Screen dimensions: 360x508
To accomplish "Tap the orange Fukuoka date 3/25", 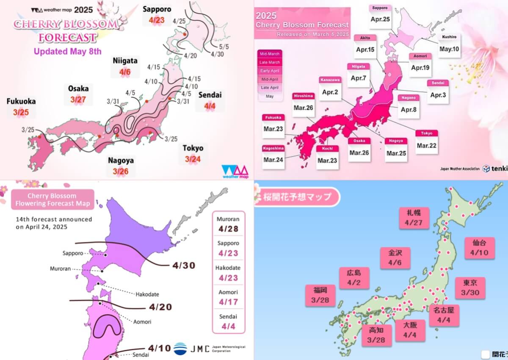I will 20,112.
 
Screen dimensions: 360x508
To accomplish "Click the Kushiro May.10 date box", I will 449,48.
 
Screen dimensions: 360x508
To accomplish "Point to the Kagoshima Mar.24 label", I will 273,160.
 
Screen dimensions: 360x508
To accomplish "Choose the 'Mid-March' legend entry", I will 270,54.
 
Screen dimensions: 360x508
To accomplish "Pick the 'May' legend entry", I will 270,96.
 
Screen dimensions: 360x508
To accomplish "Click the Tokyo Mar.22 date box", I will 427,145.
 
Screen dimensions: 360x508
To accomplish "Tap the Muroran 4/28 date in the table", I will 228,229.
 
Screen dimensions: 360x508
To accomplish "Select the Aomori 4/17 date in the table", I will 228,302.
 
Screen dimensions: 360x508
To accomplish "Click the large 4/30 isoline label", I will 184,265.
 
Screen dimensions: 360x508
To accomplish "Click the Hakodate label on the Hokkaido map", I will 146,294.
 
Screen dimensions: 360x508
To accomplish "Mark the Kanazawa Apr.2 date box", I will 331,91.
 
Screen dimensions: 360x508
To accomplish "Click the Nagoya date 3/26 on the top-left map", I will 121,171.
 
